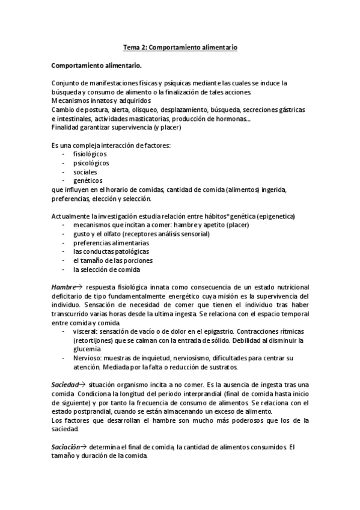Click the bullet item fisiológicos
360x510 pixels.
point(91,154)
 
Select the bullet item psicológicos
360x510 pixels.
point(91,162)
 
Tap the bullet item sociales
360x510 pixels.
point(85,171)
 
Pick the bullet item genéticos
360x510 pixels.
point(88,180)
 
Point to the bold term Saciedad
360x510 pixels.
point(65,384)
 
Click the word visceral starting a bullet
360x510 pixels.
point(85,331)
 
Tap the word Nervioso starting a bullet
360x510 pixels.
point(87,358)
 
